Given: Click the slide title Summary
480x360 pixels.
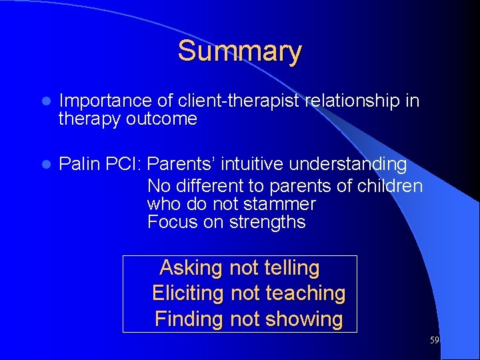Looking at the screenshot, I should tap(239, 51).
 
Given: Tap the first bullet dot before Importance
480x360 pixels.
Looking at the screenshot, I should tap(45, 101).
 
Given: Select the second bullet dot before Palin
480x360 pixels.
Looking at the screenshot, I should tap(45, 165).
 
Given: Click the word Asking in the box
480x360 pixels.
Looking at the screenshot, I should tap(191, 268).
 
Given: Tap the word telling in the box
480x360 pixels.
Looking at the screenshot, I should tap(292, 268).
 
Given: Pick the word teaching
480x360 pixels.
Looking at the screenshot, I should tap(305, 293).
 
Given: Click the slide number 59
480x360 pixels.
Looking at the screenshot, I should tap(434, 341).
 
